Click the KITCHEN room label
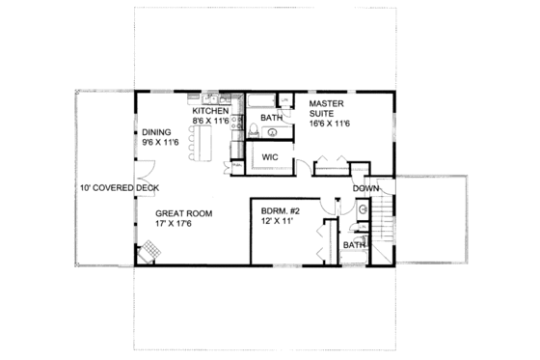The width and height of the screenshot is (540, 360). click(x=210, y=112)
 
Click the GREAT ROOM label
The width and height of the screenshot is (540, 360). click(x=183, y=213)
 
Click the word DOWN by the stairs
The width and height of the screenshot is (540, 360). click(x=364, y=187)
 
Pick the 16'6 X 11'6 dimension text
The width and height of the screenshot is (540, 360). click(x=331, y=124)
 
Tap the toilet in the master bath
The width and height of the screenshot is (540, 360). click(x=253, y=131)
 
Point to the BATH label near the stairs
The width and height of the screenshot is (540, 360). click(x=354, y=245)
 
